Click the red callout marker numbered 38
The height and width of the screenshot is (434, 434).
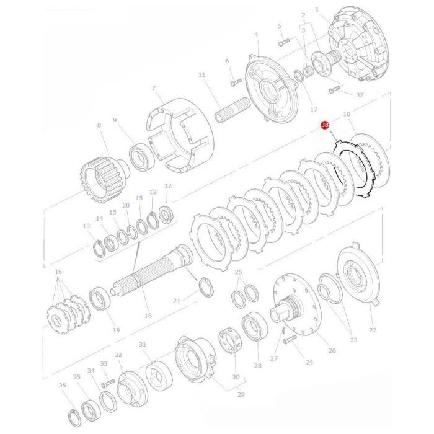point(325,126)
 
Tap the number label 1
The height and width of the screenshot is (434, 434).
point(317,10)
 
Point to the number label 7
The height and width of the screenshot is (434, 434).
point(153,88)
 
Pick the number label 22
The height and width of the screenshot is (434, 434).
point(373,330)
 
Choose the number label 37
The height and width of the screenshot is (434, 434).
point(359,95)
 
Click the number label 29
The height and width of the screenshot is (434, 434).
point(241,394)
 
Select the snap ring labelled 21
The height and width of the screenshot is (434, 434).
point(207,285)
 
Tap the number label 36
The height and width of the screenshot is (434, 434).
point(63,386)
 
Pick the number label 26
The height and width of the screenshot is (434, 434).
point(332,351)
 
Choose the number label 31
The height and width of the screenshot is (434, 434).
point(142,345)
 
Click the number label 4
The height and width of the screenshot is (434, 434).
point(255,35)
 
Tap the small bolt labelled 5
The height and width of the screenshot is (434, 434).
point(285,43)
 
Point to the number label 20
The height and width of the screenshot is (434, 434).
point(126,205)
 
